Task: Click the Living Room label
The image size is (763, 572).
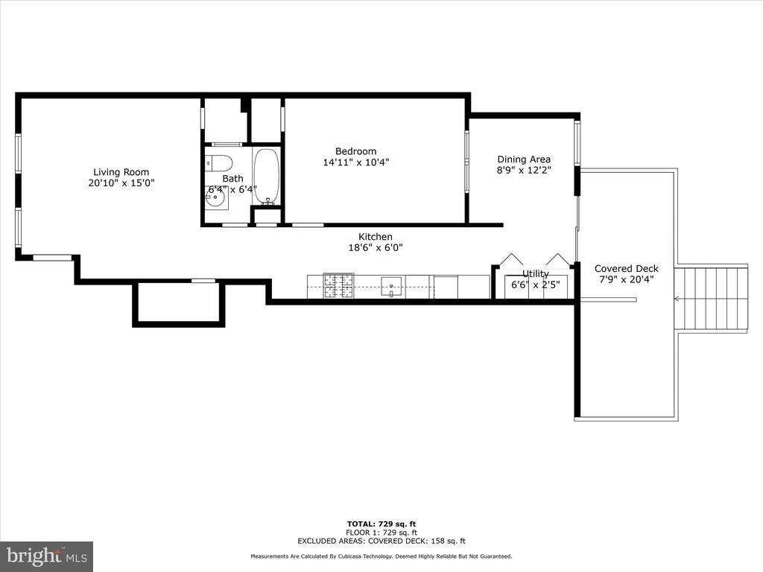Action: (x=121, y=172)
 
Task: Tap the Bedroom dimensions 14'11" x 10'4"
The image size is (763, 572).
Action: (x=356, y=162)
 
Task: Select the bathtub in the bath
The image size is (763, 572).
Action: (x=266, y=176)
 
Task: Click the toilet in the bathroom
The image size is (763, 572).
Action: (x=218, y=162)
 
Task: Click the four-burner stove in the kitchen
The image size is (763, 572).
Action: (x=339, y=286)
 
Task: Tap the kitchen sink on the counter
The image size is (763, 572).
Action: (x=391, y=287)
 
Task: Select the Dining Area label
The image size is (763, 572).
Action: (x=524, y=159)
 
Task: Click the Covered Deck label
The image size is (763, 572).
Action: (x=626, y=268)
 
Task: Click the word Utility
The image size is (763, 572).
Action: (x=535, y=274)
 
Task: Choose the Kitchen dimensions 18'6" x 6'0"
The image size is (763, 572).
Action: (x=376, y=247)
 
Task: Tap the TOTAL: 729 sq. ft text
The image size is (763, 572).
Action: (x=381, y=524)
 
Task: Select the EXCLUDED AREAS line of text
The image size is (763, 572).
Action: (x=381, y=541)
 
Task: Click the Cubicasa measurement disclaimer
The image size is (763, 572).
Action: (x=381, y=556)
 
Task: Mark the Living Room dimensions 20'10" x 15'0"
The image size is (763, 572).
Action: (x=121, y=183)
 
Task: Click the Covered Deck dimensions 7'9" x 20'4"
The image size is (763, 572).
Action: (x=626, y=279)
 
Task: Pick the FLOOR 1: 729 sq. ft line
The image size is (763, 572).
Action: (x=381, y=533)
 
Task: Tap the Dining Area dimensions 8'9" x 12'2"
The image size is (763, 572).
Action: (x=524, y=171)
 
